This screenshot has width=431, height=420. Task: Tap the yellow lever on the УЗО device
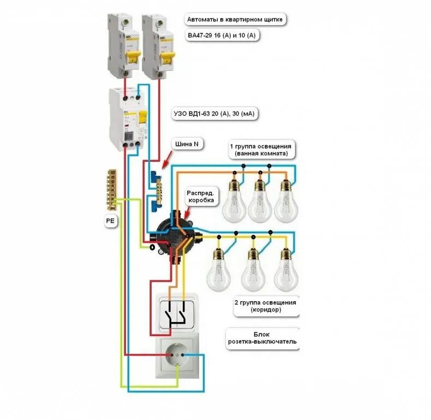coord(143,117)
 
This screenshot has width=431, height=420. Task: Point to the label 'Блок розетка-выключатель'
coord(261,338)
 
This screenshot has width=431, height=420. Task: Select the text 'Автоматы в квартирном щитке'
coord(235,20)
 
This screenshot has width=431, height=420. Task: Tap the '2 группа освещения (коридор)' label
coord(266,306)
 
